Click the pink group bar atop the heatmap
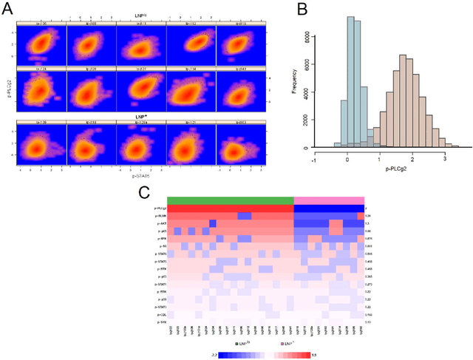[329, 200]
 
